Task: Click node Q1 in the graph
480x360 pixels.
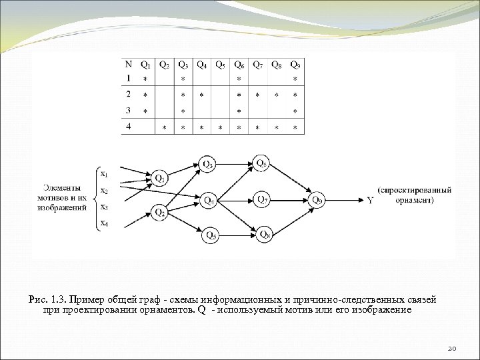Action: [x=160, y=178]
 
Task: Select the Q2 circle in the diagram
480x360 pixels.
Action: [x=160, y=213]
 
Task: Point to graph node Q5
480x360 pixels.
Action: [x=211, y=234]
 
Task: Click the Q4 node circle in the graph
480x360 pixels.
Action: [x=209, y=199]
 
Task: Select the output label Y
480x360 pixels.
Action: [x=370, y=199]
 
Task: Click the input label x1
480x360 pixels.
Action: [x=103, y=174]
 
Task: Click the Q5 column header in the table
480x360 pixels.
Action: [x=221, y=65]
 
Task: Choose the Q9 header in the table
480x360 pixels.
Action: [x=295, y=65]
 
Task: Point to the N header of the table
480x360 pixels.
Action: [x=128, y=65]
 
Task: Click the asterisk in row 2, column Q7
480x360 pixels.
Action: [x=258, y=96]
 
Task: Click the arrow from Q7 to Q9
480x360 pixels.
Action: [x=289, y=199]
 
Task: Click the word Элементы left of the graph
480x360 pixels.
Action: [x=62, y=189]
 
